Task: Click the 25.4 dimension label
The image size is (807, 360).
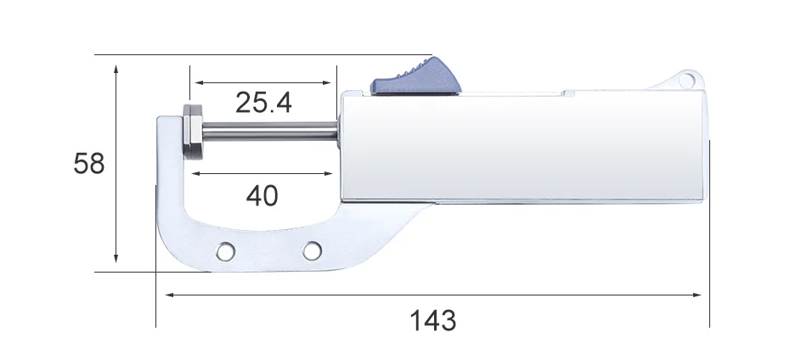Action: point(263,103)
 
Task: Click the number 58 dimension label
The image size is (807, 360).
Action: point(89,164)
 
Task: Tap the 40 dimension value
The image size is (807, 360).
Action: point(262,195)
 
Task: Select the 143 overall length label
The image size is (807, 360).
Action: point(433,320)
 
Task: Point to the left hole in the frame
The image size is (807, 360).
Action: point(225,251)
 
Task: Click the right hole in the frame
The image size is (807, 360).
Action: point(312,251)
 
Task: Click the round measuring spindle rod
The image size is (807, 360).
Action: point(269,131)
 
